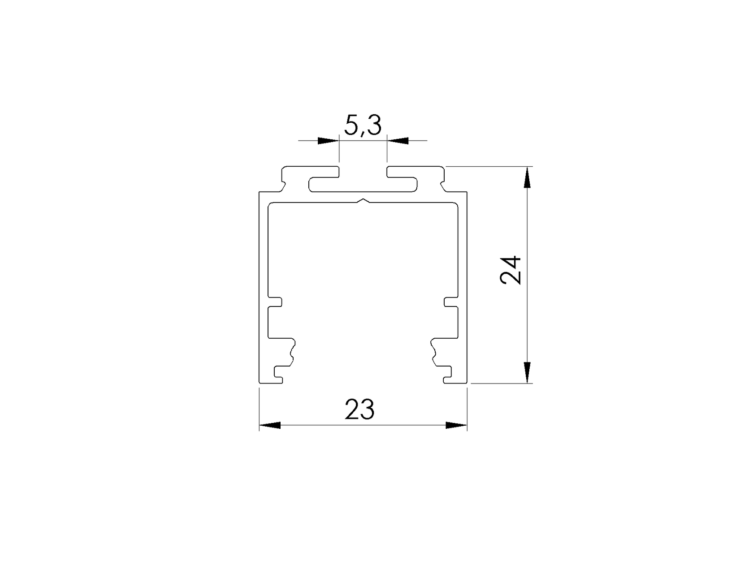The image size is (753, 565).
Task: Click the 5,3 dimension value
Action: point(363,125)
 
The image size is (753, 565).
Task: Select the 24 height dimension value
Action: point(511,270)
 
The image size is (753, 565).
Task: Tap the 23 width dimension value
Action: point(359,410)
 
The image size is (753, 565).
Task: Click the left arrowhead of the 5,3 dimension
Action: point(328,141)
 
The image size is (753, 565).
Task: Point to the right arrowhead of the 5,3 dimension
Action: point(398,141)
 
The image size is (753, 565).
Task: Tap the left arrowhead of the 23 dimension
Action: point(270,425)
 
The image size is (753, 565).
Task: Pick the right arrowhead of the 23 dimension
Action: point(456,425)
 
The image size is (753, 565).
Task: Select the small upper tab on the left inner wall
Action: point(275,302)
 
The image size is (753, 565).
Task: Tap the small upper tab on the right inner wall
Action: point(451,302)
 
